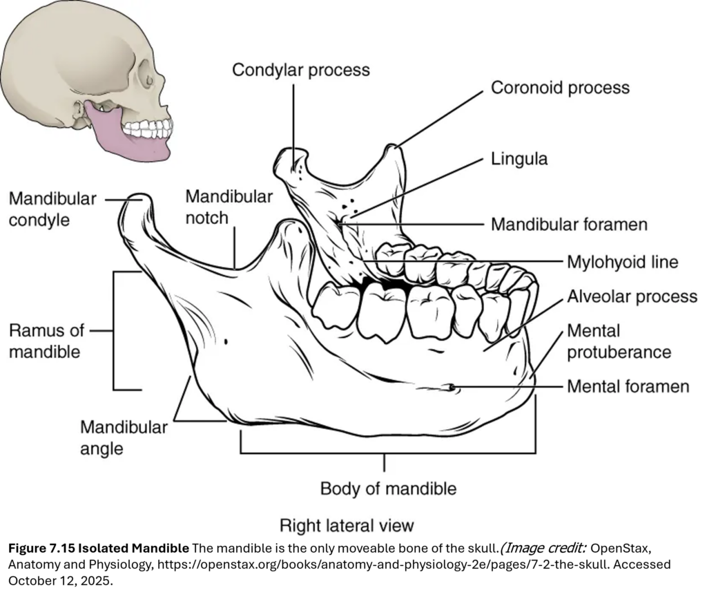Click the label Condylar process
pos(300,70)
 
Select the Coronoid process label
pos(560,88)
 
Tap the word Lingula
pos(519,159)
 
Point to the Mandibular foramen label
pos(569,225)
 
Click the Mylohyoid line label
pos(622,262)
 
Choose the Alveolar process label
pos(632,296)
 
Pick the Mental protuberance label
pos(619,341)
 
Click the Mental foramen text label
pos(628,386)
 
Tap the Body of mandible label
pos(388,489)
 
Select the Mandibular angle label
pos(124,437)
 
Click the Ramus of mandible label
pos(45,341)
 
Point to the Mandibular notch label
pos(229,207)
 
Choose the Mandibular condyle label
pos(52,209)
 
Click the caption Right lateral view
pos(347,525)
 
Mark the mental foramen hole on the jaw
pos(451,388)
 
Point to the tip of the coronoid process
pos(392,147)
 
